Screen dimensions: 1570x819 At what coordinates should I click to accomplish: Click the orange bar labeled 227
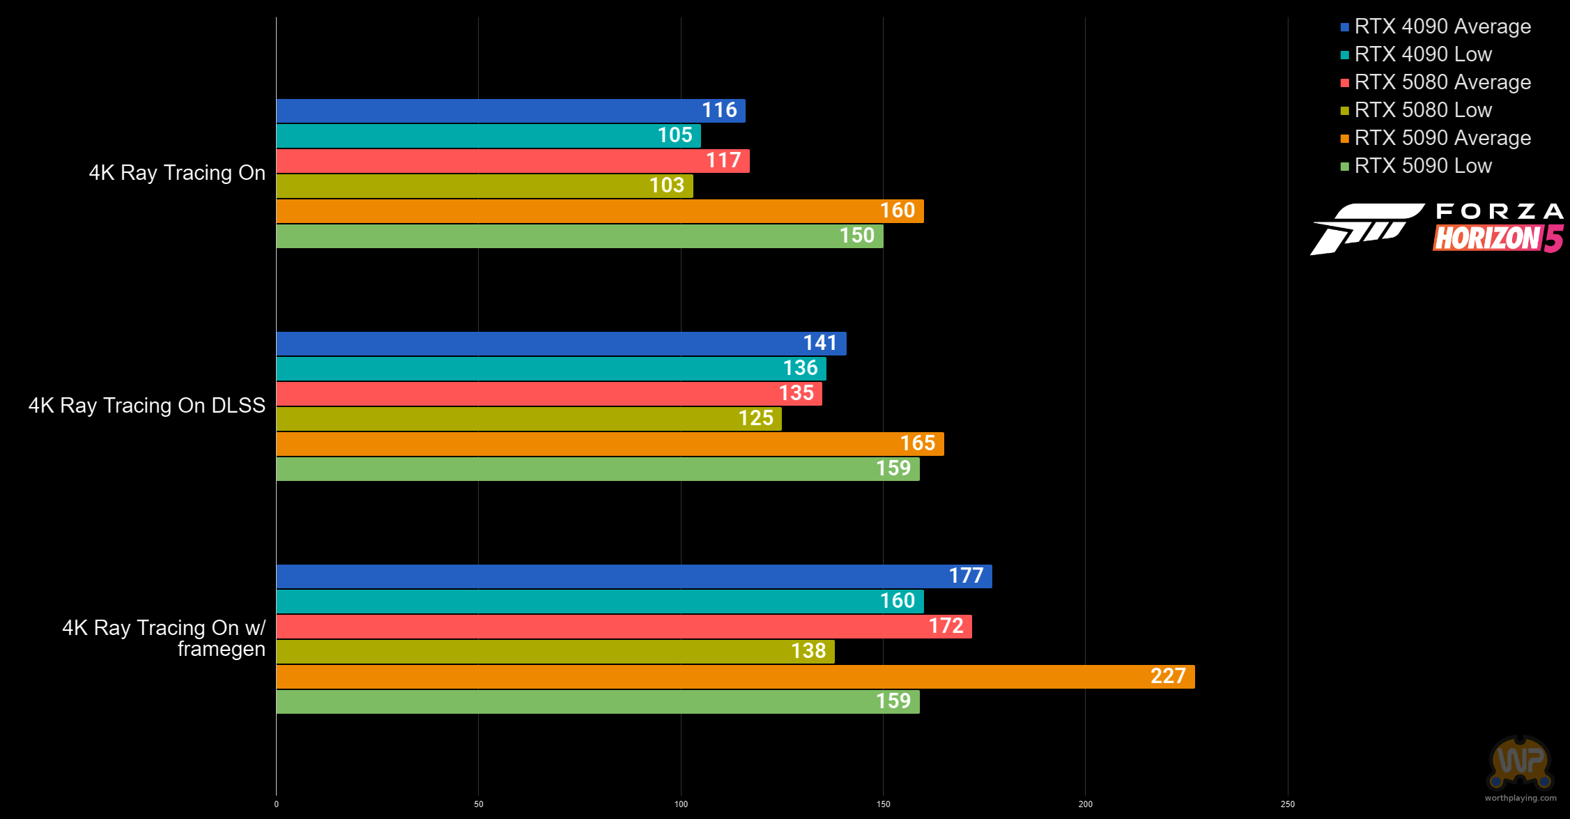pos(736,677)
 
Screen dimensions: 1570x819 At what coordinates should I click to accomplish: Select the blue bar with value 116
pos(511,111)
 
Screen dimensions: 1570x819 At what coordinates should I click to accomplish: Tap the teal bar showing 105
pos(488,136)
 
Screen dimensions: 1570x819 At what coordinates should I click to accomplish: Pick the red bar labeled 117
pos(513,161)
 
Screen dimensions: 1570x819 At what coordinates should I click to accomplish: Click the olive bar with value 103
pos(485,186)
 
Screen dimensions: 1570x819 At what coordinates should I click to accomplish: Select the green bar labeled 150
pos(580,236)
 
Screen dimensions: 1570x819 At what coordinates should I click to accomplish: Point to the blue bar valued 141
pos(562,344)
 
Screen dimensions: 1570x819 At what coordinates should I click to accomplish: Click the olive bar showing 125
pos(529,419)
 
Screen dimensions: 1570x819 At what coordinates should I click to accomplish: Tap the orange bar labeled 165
pos(610,444)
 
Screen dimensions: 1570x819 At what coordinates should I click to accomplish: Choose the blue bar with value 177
pos(634,576)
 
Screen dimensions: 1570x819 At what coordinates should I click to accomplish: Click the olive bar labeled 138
pos(555,652)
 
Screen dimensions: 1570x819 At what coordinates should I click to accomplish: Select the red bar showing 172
pos(624,627)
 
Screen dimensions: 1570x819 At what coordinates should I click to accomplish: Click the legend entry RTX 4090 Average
pos(1436,26)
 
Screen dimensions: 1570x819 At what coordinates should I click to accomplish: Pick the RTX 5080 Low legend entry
pos(1416,110)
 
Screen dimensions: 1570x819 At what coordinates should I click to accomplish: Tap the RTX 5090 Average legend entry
pos(1436,138)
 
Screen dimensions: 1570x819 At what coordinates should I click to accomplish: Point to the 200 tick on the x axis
pos(1085,804)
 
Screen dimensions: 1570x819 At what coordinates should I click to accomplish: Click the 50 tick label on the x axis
pos(479,804)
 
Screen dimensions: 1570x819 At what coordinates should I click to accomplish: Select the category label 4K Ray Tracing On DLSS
pos(147,406)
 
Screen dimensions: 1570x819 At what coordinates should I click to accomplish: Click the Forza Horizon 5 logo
pos(1437,229)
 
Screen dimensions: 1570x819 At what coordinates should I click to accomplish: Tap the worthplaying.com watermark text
pos(1521,798)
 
